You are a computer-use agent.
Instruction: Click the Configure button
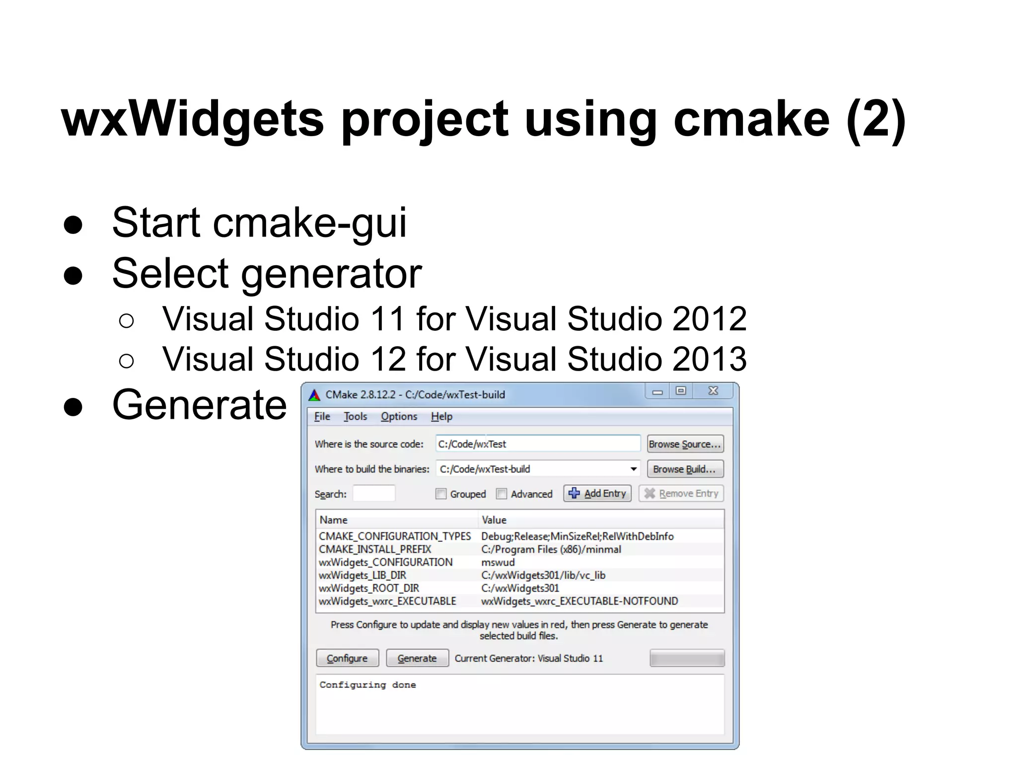pyautogui.click(x=347, y=658)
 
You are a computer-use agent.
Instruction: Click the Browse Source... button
pyautogui.click(x=685, y=444)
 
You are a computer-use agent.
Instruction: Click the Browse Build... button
pyautogui.click(x=685, y=469)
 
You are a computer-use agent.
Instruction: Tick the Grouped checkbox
pyautogui.click(x=441, y=494)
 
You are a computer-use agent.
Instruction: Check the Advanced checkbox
pyautogui.click(x=502, y=494)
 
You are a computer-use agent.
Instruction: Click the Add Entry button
pyautogui.click(x=597, y=493)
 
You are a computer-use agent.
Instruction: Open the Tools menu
pyautogui.click(x=355, y=416)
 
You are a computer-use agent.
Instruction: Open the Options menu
pyautogui.click(x=399, y=416)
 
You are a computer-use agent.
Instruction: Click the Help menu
pyautogui.click(x=441, y=416)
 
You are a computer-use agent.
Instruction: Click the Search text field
pyautogui.click(x=374, y=494)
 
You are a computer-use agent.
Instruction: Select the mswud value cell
pyautogui.click(x=498, y=562)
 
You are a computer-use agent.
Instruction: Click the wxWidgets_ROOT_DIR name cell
pyautogui.click(x=369, y=588)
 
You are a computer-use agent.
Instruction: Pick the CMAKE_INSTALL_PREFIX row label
pyautogui.click(x=375, y=549)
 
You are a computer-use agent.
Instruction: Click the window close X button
pyautogui.click(x=713, y=391)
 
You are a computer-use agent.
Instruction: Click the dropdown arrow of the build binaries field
pyautogui.click(x=633, y=469)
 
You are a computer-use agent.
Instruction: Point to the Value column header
pyautogui.click(x=494, y=520)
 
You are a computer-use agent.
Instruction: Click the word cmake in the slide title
pyautogui.click(x=751, y=119)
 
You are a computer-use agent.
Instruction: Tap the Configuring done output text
pyautogui.click(x=367, y=685)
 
